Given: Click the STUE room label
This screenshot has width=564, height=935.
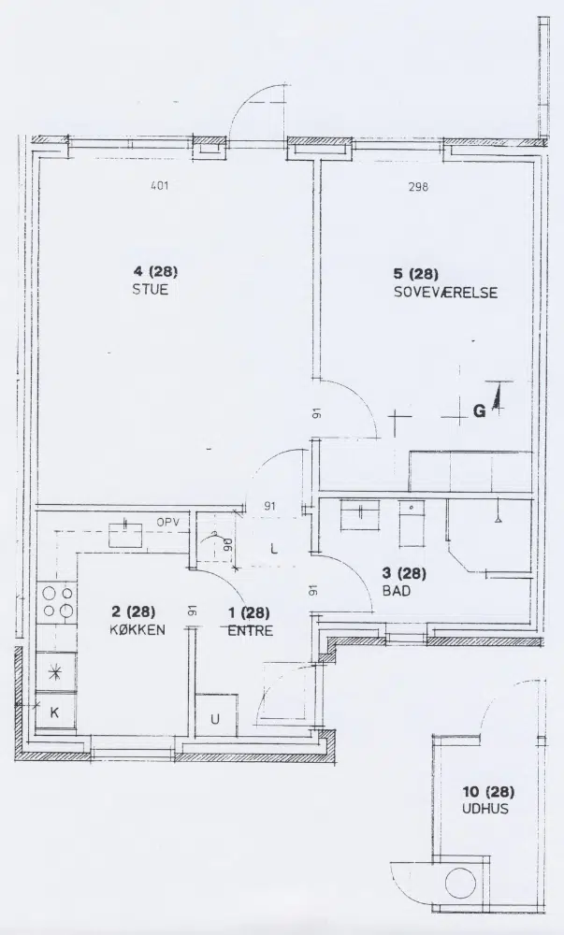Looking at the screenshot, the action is (x=151, y=290).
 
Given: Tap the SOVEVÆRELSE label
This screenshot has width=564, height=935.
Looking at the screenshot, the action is (x=445, y=293).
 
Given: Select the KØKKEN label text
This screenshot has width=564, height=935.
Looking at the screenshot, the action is (x=137, y=629).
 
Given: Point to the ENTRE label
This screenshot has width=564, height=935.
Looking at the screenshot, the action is (x=251, y=630).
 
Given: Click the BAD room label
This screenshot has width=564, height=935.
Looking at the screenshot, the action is (x=397, y=592).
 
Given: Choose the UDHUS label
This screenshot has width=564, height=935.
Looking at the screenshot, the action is (x=485, y=809).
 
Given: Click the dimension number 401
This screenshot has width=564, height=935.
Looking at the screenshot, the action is (x=160, y=185).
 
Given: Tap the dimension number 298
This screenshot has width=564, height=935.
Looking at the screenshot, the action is (x=418, y=187).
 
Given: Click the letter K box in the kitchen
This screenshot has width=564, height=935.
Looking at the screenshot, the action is (x=56, y=712).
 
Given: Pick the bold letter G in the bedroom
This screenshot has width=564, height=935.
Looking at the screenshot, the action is (x=479, y=410).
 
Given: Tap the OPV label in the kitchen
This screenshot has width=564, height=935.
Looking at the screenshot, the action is (x=168, y=523).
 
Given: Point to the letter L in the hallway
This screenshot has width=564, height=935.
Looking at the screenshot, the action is (x=274, y=549).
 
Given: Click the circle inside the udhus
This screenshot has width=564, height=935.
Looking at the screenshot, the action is (x=460, y=884).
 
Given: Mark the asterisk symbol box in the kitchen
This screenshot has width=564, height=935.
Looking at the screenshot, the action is (x=56, y=672).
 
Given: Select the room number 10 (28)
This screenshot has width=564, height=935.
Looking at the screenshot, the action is (x=488, y=792).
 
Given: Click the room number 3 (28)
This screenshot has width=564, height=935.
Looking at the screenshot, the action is (x=404, y=574).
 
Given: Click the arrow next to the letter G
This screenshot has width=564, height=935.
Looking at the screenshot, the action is (x=496, y=398).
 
